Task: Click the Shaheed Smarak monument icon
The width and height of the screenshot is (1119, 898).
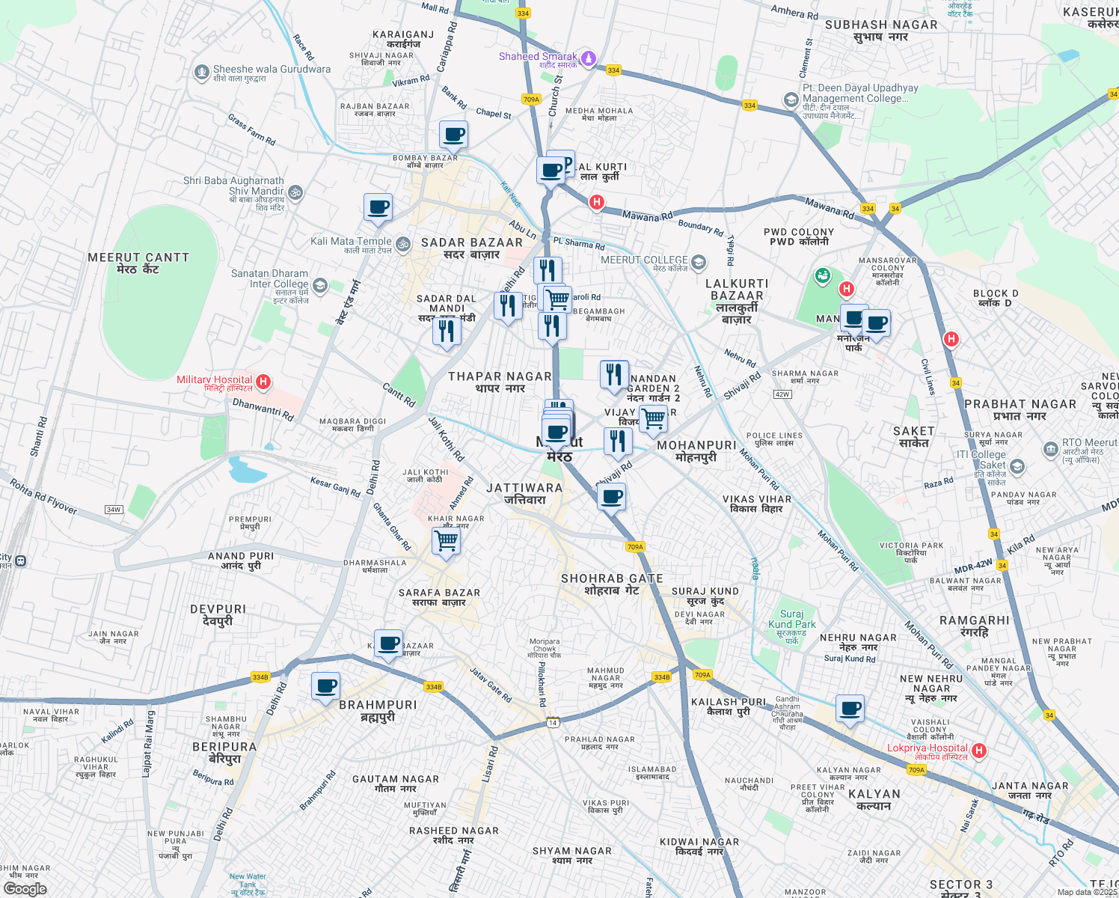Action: (x=589, y=58)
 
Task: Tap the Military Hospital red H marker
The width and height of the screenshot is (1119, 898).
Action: (x=263, y=382)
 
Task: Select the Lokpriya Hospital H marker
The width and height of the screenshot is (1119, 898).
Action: (x=979, y=751)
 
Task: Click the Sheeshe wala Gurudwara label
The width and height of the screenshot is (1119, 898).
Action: (x=272, y=70)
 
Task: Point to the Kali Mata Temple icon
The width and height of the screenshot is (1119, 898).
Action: (x=402, y=244)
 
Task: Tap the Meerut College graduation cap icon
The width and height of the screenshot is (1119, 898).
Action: (x=698, y=262)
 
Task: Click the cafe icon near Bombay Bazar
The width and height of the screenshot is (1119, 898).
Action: (x=453, y=135)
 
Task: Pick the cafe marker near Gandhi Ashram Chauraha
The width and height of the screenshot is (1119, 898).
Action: (x=850, y=708)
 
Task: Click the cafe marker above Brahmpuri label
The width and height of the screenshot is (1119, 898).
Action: (x=325, y=685)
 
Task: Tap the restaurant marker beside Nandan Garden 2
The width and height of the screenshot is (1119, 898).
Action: (x=614, y=374)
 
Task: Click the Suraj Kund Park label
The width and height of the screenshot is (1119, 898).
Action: (x=792, y=619)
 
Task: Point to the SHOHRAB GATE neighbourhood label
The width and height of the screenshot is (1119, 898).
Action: (x=612, y=578)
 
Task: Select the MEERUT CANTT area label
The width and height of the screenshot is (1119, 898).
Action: (x=138, y=257)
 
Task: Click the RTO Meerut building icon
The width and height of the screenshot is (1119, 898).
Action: (x=1050, y=450)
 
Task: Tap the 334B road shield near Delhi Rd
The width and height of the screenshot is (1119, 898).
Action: (x=260, y=677)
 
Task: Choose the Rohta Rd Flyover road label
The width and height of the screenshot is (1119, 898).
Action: (x=43, y=496)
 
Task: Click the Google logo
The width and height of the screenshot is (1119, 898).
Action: (x=25, y=889)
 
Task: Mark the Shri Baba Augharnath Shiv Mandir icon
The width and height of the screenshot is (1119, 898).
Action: (x=295, y=192)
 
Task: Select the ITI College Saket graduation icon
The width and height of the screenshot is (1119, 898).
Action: (x=1017, y=467)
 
